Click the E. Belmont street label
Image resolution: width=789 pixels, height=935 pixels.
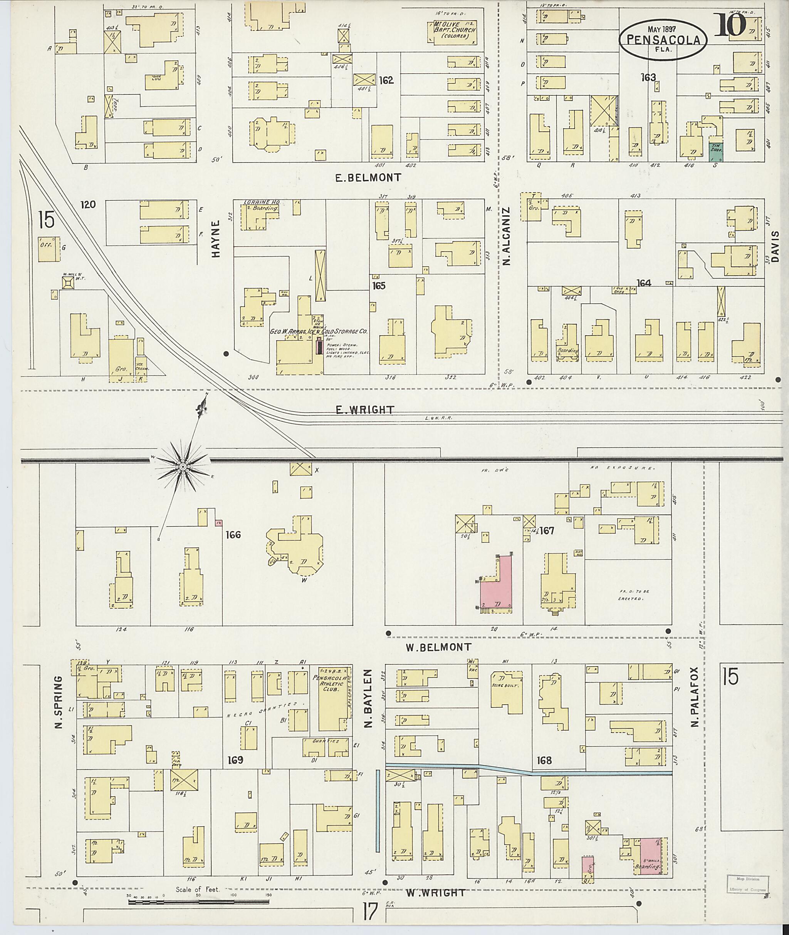[x=368, y=177]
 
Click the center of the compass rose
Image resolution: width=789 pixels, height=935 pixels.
[x=183, y=467]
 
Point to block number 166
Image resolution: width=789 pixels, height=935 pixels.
[x=233, y=535]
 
